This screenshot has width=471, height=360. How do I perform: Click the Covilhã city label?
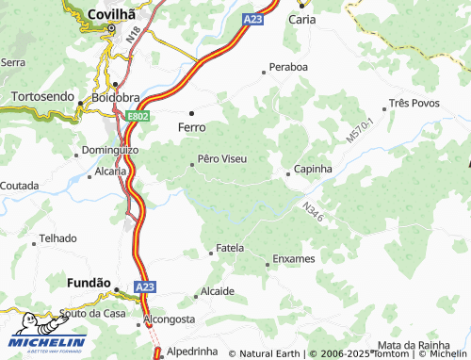[111, 14]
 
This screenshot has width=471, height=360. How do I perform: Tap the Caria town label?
[301, 18]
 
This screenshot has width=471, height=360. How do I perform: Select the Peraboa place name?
[288, 68]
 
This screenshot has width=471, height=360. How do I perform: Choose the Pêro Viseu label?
[222, 158]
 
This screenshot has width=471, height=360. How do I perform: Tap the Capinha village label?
[314, 169]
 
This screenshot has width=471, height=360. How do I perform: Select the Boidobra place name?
[115, 98]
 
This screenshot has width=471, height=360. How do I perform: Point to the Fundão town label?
[89, 282]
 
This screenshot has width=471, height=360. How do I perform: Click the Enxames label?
[294, 258]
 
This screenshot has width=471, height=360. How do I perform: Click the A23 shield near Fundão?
[143, 286]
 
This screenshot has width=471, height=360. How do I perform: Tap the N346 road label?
[314, 212]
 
